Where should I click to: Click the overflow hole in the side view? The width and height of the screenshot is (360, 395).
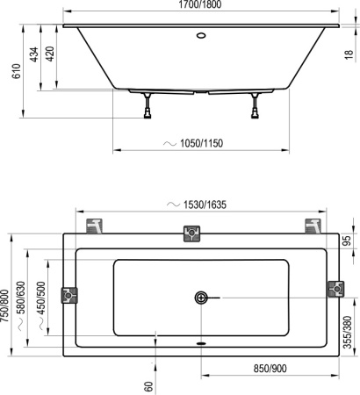(x=201, y=37)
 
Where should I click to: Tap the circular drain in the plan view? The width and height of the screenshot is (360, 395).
(x=202, y=298)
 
